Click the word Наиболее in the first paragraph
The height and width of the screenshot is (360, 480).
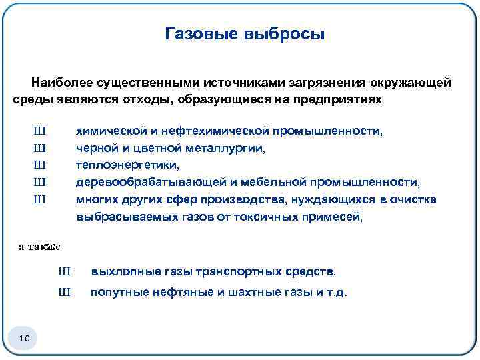pyautogui.click(x=61, y=83)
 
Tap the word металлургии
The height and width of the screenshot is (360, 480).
pyautogui.click(x=229, y=149)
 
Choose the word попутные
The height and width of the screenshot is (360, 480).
pyautogui.click(x=117, y=292)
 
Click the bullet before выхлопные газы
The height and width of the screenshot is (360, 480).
pyautogui.click(x=64, y=272)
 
